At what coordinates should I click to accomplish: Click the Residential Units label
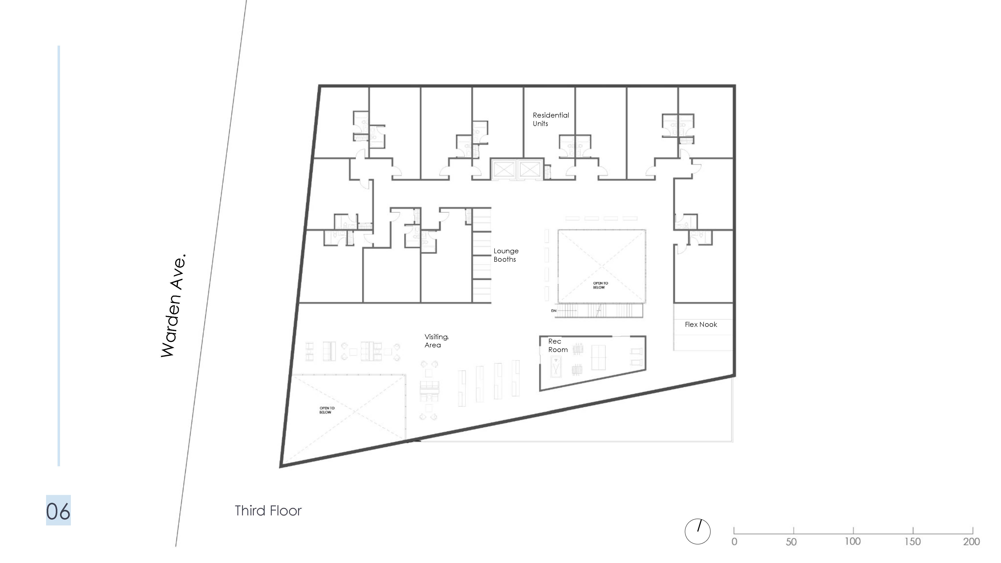pyautogui.click(x=551, y=119)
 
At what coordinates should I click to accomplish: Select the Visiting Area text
pyautogui.click(x=436, y=341)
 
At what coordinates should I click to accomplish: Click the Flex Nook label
pyautogui.click(x=701, y=324)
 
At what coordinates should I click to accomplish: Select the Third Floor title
pyautogui.click(x=268, y=511)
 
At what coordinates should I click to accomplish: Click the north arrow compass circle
pyautogui.click(x=698, y=532)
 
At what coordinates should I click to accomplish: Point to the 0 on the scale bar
pyautogui.click(x=734, y=542)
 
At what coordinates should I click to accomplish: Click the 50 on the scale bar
pyautogui.click(x=791, y=542)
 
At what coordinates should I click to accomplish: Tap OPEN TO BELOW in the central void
pyautogui.click(x=600, y=285)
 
